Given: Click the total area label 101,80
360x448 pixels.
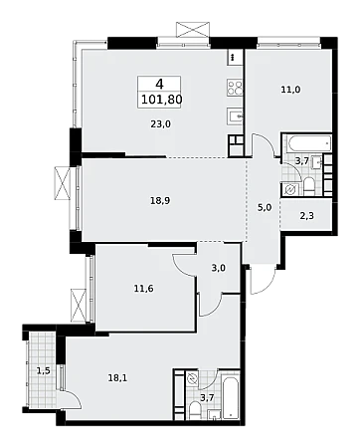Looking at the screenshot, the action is pyautogui.click(x=162, y=99).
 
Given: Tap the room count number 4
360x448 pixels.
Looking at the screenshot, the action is pyautogui.click(x=159, y=84).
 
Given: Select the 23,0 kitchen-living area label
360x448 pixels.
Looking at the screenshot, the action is pyautogui.click(x=160, y=124).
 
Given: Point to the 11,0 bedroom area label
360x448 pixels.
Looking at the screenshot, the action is pyautogui.click(x=290, y=90).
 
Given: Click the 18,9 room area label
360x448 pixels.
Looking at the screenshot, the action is pyautogui.click(x=160, y=201).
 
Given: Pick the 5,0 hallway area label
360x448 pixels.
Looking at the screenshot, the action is pyautogui.click(x=265, y=208).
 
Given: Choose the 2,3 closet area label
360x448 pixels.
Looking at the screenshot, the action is pyautogui.click(x=307, y=216).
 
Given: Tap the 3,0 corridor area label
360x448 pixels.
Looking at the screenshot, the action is pyautogui.click(x=219, y=268).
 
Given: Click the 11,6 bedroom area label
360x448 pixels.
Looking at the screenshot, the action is pyautogui.click(x=144, y=289).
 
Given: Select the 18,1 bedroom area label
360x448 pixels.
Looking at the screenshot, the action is pyautogui.click(x=118, y=378).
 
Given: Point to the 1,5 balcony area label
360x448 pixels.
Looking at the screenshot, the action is pyautogui.click(x=44, y=371).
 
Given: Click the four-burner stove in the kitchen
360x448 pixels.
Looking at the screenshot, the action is pyautogui.click(x=235, y=88).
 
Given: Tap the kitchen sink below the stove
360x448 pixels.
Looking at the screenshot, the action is pyautogui.click(x=235, y=116).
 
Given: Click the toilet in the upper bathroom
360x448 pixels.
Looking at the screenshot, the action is pyautogui.click(x=308, y=187).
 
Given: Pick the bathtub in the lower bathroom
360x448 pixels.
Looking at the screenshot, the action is pyautogui.click(x=231, y=397).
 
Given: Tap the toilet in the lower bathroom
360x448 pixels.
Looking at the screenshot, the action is pyautogui.click(x=195, y=410).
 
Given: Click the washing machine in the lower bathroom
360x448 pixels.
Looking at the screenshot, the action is pyautogui.click(x=192, y=378).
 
